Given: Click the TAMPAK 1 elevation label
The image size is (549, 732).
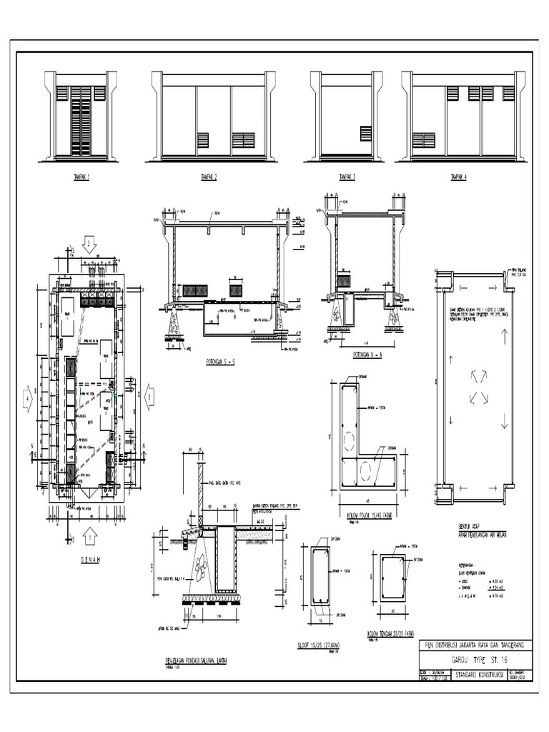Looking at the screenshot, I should coord(81,177).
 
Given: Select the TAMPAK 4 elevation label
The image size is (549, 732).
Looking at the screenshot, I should coord(457,177).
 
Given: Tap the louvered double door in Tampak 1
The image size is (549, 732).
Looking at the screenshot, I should coord(81,122).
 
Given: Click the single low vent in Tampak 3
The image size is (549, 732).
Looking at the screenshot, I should coord(366,134).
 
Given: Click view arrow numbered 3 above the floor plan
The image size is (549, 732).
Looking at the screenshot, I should coord(89,245).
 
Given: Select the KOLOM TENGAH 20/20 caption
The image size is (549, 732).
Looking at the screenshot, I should coord(390,634).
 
